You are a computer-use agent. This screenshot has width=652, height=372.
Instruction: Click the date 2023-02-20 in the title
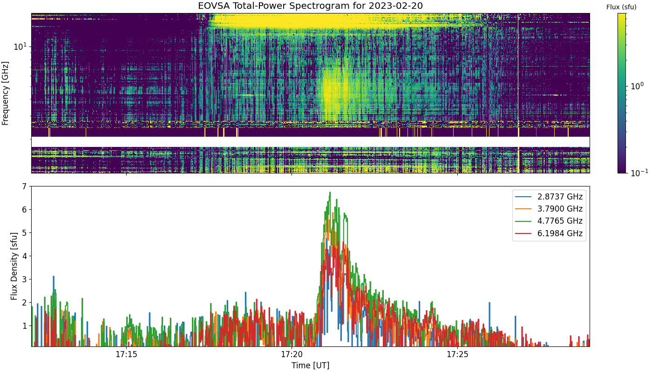point(395,6)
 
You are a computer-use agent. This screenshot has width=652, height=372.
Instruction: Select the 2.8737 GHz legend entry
point(549,197)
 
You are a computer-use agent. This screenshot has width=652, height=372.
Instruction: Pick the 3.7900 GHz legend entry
point(549,209)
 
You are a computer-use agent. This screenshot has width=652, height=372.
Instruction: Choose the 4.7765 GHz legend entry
point(549,221)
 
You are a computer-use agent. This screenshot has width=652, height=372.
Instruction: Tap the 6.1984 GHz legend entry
point(549,233)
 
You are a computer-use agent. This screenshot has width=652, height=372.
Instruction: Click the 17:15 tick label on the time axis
point(126,354)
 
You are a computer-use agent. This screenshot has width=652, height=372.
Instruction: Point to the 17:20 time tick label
point(292,354)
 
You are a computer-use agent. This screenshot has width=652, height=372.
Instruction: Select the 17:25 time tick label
point(457,354)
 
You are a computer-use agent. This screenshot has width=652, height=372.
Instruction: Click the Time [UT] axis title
point(310,365)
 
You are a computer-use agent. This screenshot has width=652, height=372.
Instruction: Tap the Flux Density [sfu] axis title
point(14,266)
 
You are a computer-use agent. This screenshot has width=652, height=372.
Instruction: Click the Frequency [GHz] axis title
point(5,93)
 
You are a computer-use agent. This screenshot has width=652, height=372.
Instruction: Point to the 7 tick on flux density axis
point(24,186)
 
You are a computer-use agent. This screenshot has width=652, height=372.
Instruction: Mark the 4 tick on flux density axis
point(24,256)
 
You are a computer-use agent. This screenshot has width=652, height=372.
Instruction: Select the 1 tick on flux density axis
point(24,326)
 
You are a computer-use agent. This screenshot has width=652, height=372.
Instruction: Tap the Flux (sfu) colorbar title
point(621,7)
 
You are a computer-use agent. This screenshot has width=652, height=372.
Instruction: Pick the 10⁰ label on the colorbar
point(637,86)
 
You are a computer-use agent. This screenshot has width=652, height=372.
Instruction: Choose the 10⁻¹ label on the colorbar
point(639,173)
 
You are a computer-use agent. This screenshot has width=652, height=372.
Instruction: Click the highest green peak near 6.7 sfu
point(330,193)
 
